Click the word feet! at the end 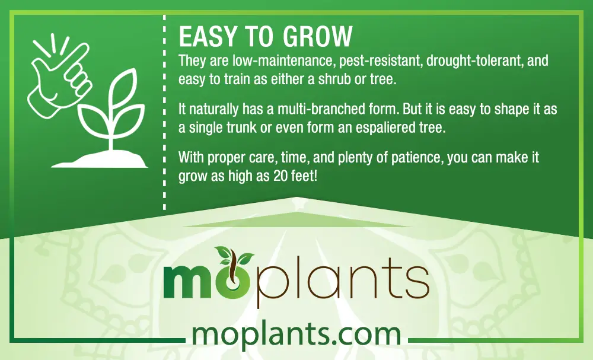pos(305,176)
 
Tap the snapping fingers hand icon pos(60,76)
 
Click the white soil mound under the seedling pos(100,159)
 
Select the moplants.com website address pos(296,334)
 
